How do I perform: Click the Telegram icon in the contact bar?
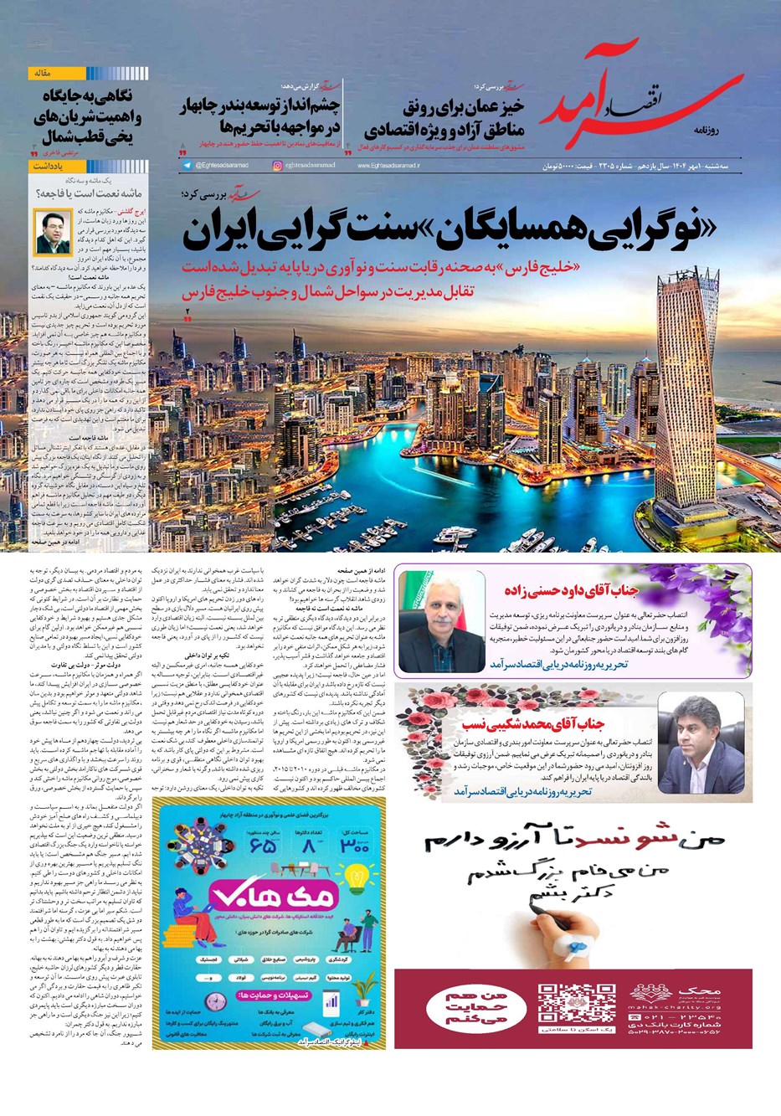pos(187,166)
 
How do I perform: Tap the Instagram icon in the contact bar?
pos(278,166)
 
